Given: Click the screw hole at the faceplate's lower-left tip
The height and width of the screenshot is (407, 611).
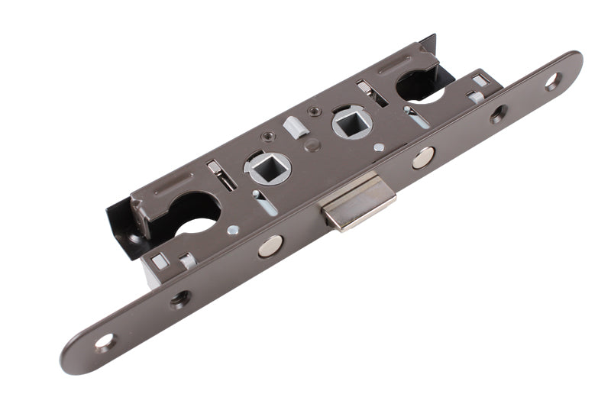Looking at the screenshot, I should tap(104, 342).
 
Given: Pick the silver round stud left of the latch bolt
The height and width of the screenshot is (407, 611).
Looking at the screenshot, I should tap(270, 246).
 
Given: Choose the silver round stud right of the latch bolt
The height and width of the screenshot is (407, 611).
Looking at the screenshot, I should tap(422, 157).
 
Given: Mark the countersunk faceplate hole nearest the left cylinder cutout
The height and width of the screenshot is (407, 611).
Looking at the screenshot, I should tap(180, 298).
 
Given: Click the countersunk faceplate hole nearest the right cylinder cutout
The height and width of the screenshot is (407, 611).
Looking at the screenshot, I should tap(498, 115).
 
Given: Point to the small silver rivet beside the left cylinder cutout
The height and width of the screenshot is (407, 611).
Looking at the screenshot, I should tap(233, 229).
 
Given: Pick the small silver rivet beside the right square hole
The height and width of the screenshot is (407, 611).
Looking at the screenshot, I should tap(379, 147).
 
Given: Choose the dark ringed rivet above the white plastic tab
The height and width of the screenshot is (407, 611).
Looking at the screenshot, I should tap(313, 111).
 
